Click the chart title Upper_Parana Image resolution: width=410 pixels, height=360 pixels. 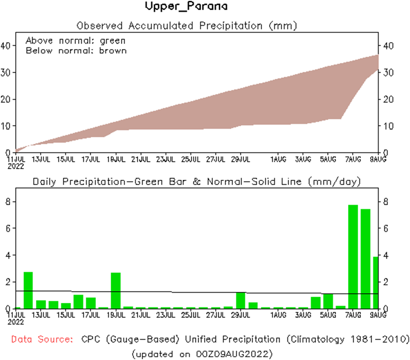click(186, 7)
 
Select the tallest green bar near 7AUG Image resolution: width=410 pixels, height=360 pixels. click(353, 257)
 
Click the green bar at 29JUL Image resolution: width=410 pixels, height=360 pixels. click(240, 300)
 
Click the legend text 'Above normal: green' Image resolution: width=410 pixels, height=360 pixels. click(75, 40)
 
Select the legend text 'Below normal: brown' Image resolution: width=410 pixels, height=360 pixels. click(76, 50)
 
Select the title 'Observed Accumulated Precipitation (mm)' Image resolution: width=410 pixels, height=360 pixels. click(186, 26)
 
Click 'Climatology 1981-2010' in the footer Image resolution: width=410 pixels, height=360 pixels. click(346, 340)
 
